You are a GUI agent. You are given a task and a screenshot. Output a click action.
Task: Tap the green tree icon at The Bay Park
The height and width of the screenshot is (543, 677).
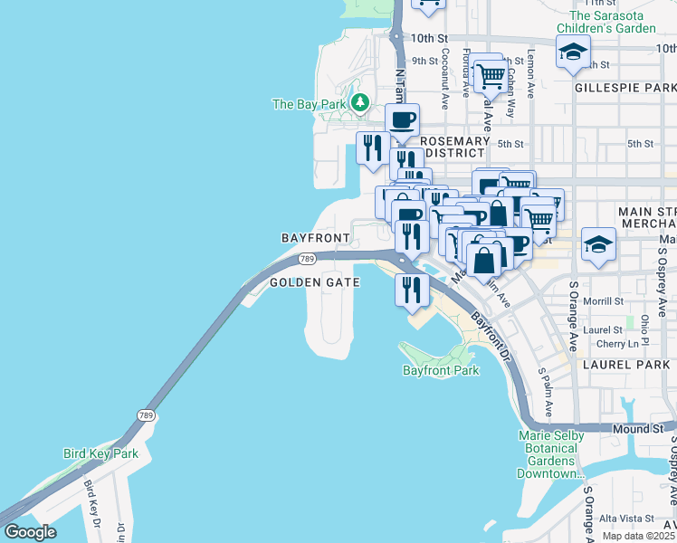click(x=361, y=102)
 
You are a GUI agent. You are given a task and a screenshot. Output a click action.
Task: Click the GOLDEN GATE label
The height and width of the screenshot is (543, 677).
click(x=315, y=282)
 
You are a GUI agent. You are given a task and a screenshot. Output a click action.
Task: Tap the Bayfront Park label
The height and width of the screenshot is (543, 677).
click(x=441, y=371)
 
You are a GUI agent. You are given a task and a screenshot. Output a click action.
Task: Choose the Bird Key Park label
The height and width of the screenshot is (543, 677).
click(x=100, y=453)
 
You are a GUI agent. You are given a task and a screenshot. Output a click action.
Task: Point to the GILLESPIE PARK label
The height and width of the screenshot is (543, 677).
click(x=625, y=88)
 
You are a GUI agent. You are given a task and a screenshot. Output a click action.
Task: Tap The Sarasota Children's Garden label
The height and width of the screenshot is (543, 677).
click(x=613, y=22)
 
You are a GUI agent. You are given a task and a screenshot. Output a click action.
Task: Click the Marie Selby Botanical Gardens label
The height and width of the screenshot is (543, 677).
click(x=550, y=455)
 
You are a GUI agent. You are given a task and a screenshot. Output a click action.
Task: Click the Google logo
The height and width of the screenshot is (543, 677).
click(x=31, y=532)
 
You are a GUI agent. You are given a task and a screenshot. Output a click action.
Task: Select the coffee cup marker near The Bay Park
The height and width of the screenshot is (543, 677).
click(x=402, y=119)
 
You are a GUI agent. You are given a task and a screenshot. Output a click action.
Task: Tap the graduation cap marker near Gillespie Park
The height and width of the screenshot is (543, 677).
click(x=573, y=52)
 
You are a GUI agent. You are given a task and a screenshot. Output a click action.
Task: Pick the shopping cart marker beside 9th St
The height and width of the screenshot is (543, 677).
click(x=490, y=76)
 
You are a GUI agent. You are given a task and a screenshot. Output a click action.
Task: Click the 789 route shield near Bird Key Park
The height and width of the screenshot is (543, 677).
click(x=145, y=415)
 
